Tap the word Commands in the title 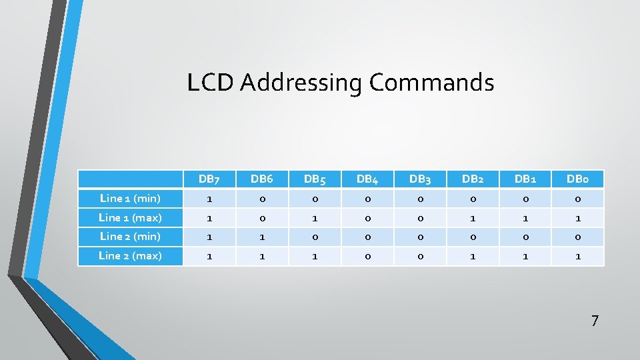pyautogui.click(x=431, y=83)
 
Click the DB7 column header pyautogui.click(x=209, y=179)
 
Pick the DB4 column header pyautogui.click(x=367, y=179)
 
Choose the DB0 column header pyautogui.click(x=577, y=179)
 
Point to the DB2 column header pyautogui.click(x=473, y=179)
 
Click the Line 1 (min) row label pyautogui.click(x=130, y=198)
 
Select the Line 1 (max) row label pyautogui.click(x=130, y=217)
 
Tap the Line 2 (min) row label pyautogui.click(x=130, y=236)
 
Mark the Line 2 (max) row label pyautogui.click(x=130, y=255)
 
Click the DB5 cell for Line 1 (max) pyautogui.click(x=315, y=217)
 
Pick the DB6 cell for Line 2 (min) pyautogui.click(x=262, y=237)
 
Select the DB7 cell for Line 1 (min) pyautogui.click(x=209, y=199)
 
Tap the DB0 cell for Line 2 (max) pyautogui.click(x=577, y=256)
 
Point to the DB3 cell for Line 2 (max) pyautogui.click(x=420, y=256)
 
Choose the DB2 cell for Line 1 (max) pyautogui.click(x=473, y=217)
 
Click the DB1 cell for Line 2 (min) pyautogui.click(x=525, y=237)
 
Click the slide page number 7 pyautogui.click(x=595, y=321)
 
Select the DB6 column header pyautogui.click(x=262, y=179)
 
